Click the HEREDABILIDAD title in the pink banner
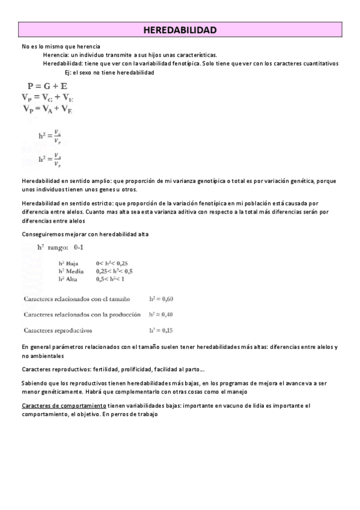180,29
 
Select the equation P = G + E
47,86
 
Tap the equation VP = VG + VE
47,97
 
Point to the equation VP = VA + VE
47,109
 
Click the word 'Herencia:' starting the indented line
55,55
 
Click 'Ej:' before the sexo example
68,72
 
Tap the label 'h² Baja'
69,263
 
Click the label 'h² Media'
71,271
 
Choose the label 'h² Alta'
69,279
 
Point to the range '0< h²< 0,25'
112,263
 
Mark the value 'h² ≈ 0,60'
161,299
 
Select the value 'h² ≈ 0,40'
161,315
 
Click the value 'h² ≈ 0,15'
161,330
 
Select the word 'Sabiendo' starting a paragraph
34,383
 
